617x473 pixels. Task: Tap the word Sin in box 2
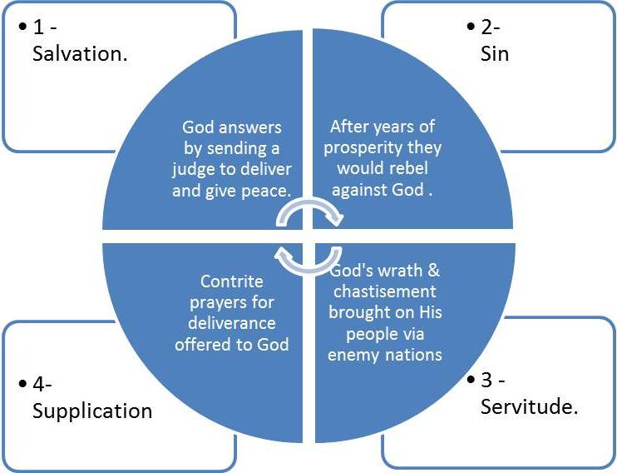(x=496, y=54)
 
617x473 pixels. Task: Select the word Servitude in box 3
(x=529, y=407)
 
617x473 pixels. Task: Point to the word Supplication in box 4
(x=92, y=411)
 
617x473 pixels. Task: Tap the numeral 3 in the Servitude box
(x=486, y=381)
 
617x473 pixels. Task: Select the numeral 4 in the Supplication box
(x=38, y=385)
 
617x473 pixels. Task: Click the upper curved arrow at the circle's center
(x=309, y=213)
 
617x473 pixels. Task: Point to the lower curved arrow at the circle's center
(x=308, y=259)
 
